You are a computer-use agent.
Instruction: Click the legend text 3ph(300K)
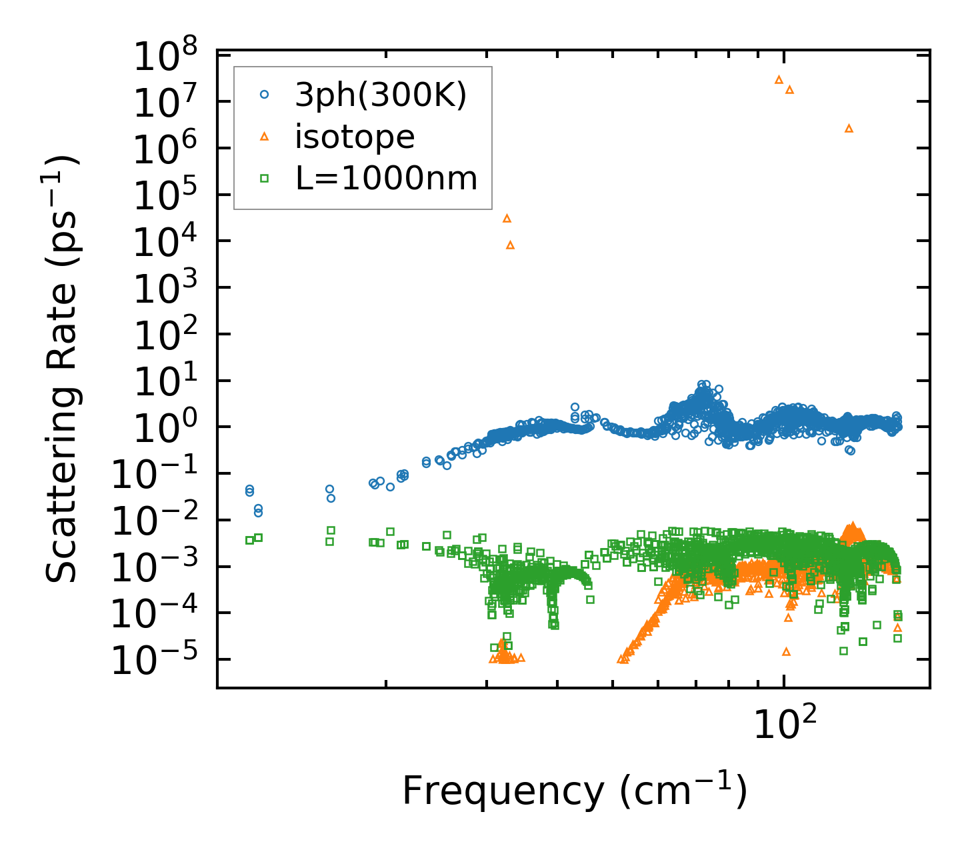point(381,95)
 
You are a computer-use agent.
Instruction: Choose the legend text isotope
point(355,137)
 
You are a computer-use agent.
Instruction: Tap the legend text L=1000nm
point(386,178)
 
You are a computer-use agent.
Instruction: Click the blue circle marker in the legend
point(264,95)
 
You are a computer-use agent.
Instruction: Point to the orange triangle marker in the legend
point(264,137)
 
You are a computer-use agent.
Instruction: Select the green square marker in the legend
point(264,178)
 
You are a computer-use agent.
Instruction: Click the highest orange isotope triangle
point(779,79)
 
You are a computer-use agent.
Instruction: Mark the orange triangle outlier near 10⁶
point(849,128)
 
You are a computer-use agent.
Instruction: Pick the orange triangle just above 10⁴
point(507,218)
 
